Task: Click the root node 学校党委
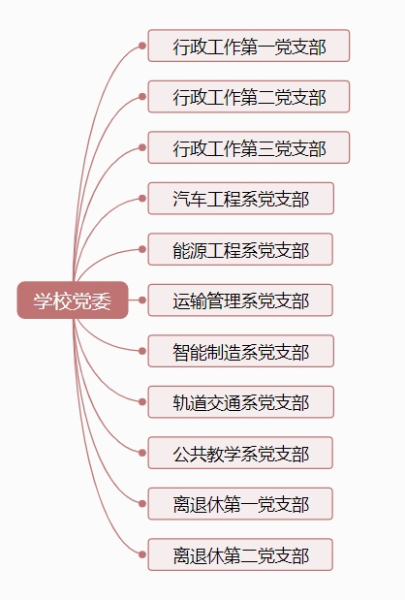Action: tap(73, 300)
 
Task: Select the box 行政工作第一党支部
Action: tap(249, 46)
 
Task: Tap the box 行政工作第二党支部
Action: tap(249, 96)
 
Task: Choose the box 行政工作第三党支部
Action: tap(249, 147)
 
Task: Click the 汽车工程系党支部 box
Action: tap(241, 198)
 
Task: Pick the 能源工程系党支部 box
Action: tap(240, 249)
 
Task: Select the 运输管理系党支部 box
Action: tap(240, 300)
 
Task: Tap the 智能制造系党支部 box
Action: tap(241, 351)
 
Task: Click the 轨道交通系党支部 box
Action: tap(241, 402)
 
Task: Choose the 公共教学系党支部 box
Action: tap(240, 453)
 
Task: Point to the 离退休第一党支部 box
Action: tap(240, 504)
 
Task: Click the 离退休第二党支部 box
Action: tap(240, 554)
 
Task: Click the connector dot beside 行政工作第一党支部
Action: tap(142, 46)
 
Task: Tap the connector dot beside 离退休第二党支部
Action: tap(142, 554)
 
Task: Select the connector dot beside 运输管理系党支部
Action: tap(142, 300)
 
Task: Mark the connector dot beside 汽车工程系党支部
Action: tap(142, 198)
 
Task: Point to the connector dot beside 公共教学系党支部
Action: tap(142, 453)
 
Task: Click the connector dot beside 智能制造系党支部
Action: tap(142, 351)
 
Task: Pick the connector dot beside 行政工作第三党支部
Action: tap(142, 147)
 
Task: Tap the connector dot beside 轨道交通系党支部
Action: tap(142, 402)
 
